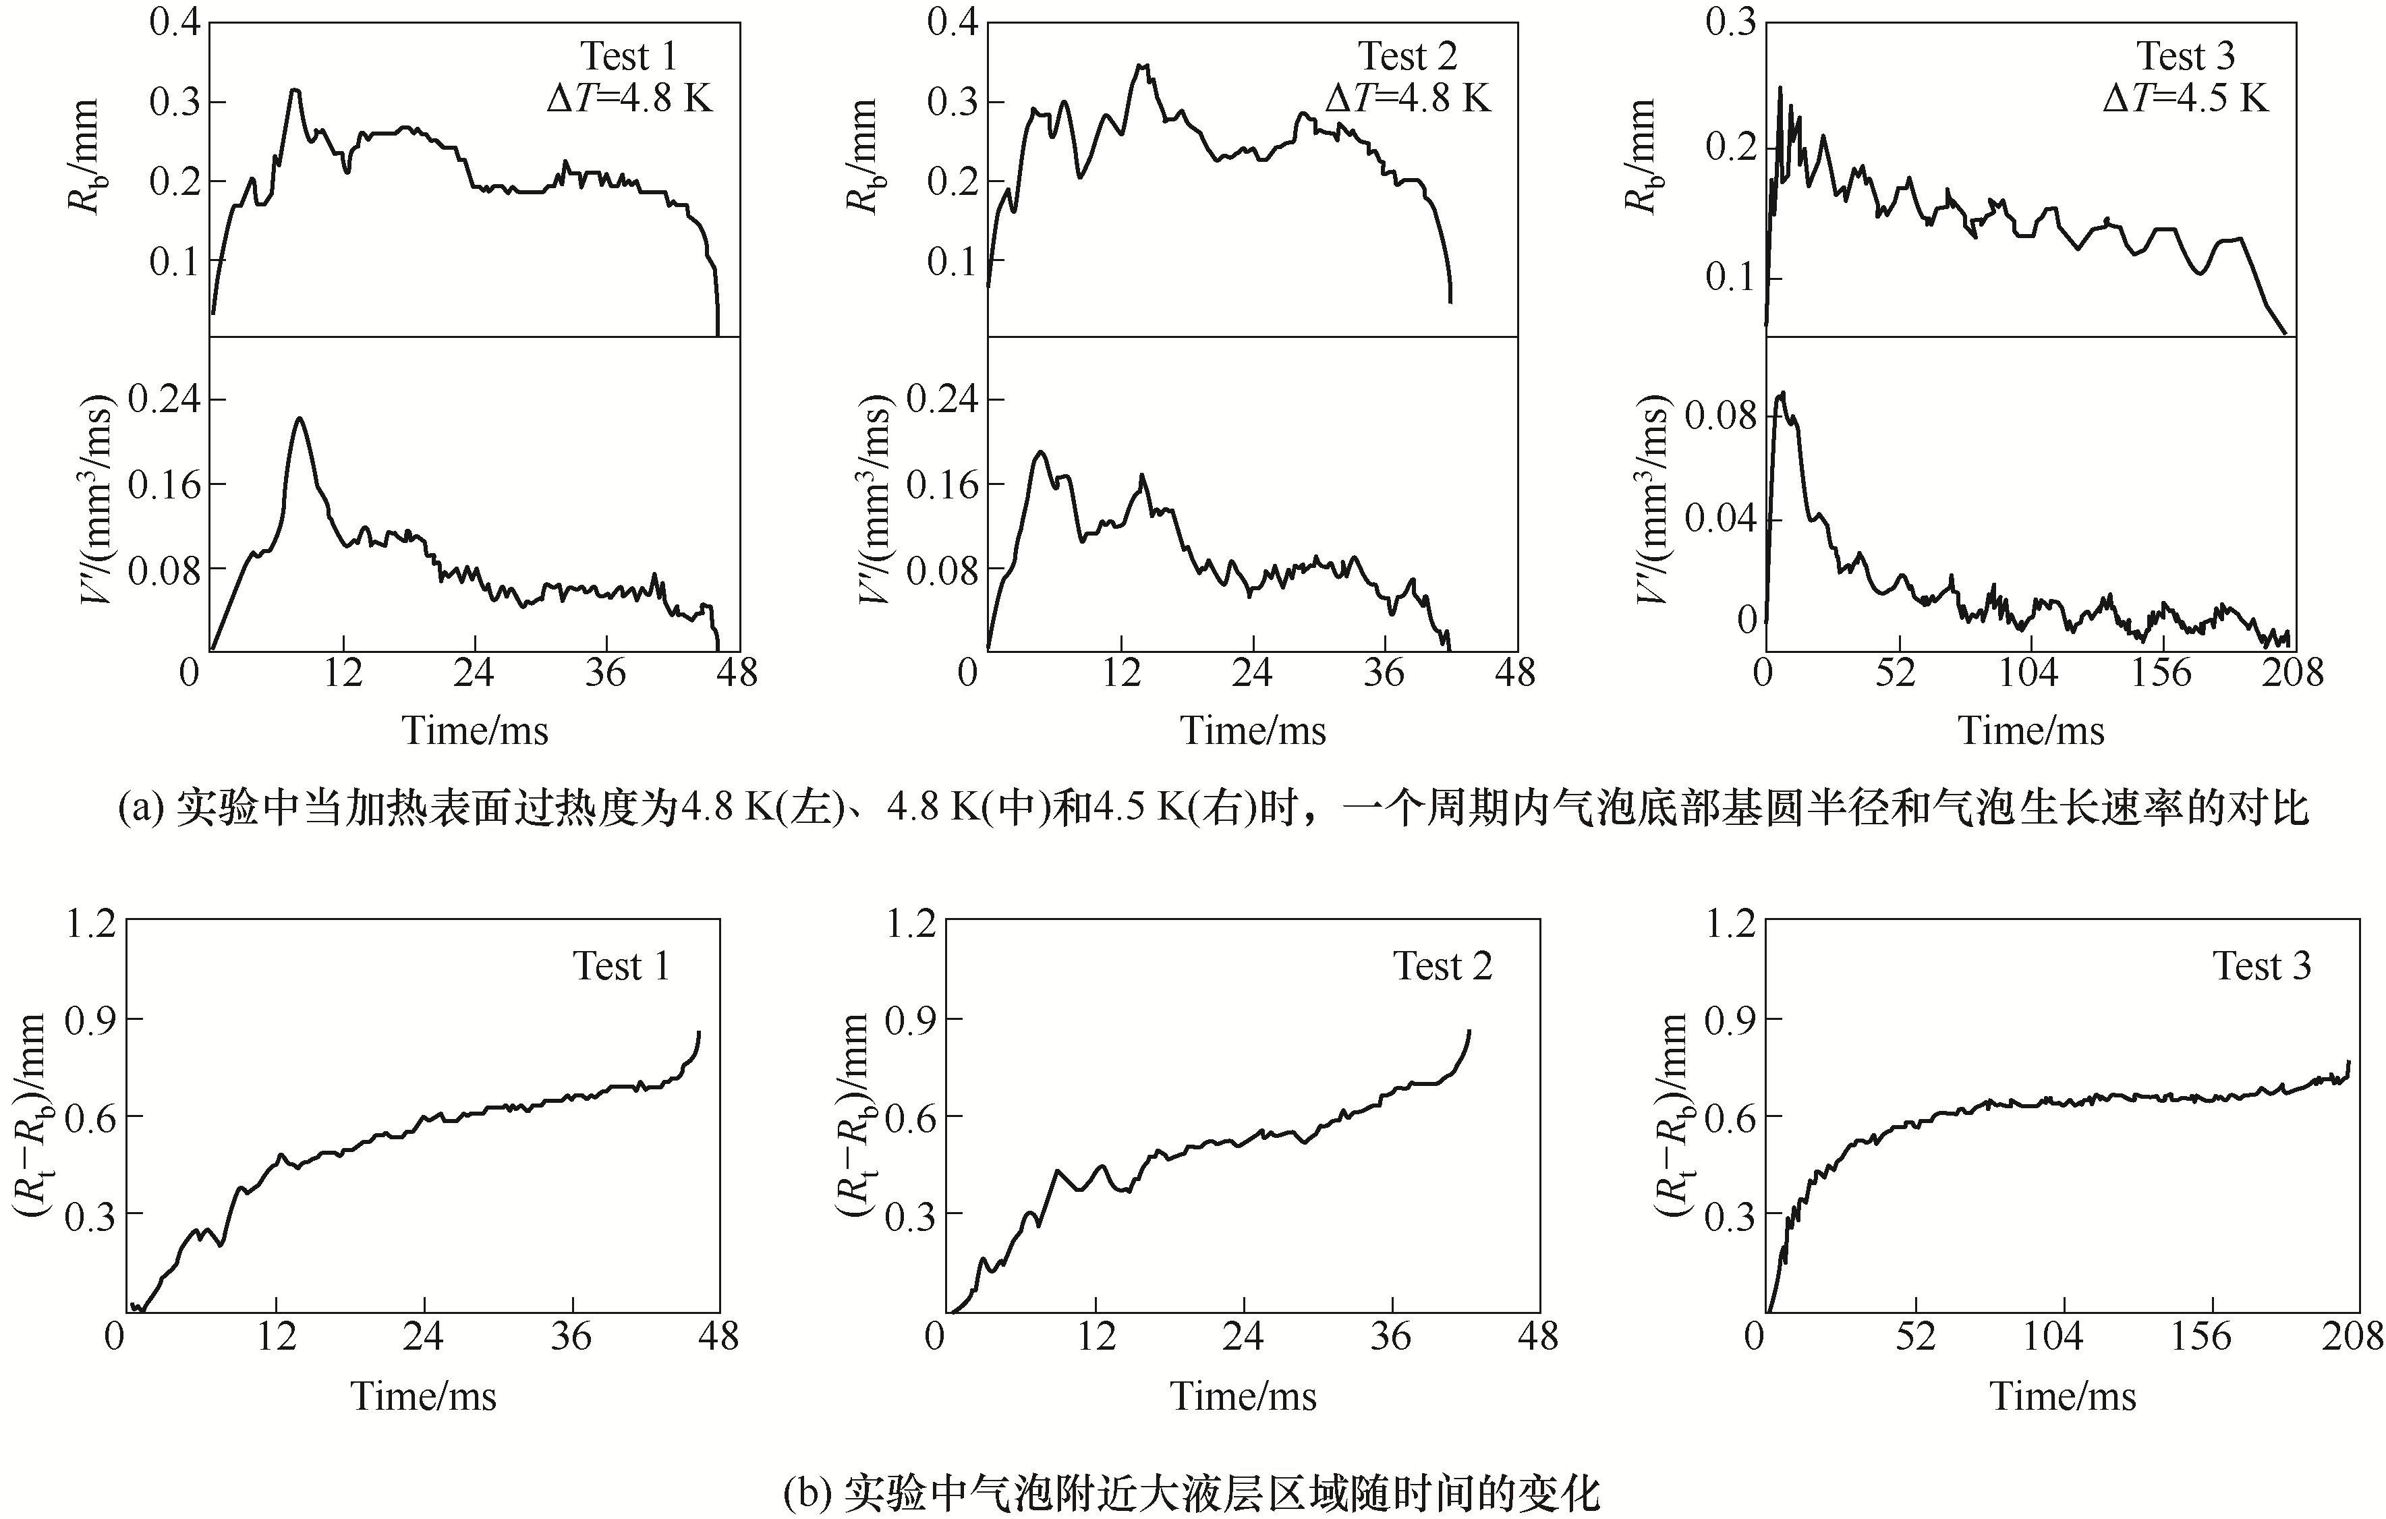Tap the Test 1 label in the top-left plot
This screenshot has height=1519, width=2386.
tap(628, 57)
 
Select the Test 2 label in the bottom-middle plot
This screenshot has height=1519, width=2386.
tap(1443, 966)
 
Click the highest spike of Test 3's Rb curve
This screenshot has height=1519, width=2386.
tap(1780, 88)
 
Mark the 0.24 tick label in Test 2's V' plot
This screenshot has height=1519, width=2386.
tap(941, 399)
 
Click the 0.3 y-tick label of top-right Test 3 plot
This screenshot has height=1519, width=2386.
tap(1729, 22)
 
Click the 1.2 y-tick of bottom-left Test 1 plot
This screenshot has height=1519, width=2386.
tap(90, 923)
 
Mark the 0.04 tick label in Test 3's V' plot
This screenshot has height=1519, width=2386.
tap(1720, 517)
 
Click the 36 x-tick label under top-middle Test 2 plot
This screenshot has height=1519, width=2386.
tap(1384, 674)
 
